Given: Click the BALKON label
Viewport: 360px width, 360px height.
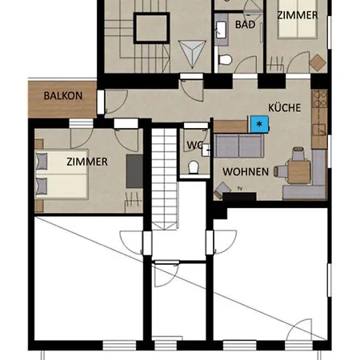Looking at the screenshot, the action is [x=63, y=96].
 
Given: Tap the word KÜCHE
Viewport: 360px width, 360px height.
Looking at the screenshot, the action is [x=284, y=108].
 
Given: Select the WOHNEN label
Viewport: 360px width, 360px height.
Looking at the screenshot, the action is [x=246, y=172].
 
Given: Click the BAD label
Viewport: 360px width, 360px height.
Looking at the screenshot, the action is [x=246, y=25].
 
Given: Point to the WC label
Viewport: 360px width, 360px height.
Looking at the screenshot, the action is [x=195, y=146].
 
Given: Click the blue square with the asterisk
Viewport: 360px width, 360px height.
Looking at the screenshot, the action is [x=259, y=124].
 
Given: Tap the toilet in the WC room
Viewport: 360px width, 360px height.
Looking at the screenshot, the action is [x=194, y=167].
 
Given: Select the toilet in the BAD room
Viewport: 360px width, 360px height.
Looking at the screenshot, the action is [x=225, y=59].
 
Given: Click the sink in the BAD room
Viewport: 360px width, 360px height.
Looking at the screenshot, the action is [x=222, y=29].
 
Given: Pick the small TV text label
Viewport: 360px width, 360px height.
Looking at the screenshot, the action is [x=240, y=189].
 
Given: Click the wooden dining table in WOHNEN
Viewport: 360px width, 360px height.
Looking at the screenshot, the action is [x=299, y=171].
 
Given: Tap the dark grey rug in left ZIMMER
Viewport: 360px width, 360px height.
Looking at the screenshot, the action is [x=134, y=171].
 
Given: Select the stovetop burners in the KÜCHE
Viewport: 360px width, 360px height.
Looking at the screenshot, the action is [x=319, y=98].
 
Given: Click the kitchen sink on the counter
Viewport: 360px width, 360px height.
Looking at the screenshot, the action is [x=319, y=130].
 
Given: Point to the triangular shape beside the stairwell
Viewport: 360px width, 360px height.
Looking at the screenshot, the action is [x=192, y=54].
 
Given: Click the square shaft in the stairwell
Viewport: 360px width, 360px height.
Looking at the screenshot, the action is [x=151, y=28].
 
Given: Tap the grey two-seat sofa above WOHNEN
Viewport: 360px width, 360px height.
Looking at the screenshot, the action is [x=239, y=146].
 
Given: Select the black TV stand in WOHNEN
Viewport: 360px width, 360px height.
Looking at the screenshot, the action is [x=239, y=196].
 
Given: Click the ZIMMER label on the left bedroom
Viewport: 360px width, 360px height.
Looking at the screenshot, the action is [x=87, y=162].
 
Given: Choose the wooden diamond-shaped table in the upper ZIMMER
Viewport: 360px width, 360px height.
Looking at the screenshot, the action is [x=318, y=63].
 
